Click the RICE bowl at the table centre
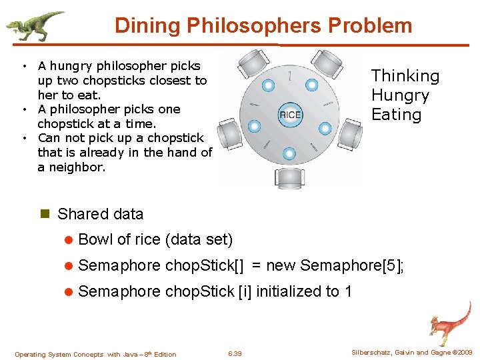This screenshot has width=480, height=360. (290, 115)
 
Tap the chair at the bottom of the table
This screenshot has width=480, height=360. (289, 177)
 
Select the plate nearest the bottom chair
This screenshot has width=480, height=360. (289, 154)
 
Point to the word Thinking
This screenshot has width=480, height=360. (405, 76)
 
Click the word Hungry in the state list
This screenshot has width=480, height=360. (400, 95)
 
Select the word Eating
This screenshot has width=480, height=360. (397, 115)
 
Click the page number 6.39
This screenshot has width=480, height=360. (235, 353)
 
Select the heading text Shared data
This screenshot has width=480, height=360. (101, 214)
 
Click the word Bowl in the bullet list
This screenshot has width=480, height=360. (95, 239)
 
